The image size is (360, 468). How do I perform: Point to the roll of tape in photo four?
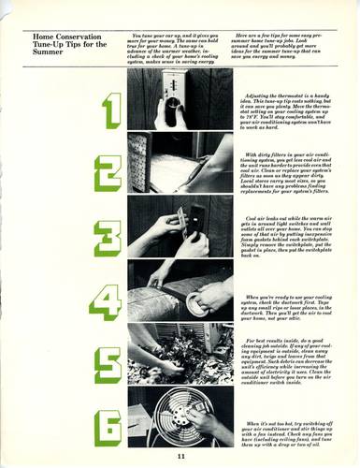[x=200, y=302]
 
